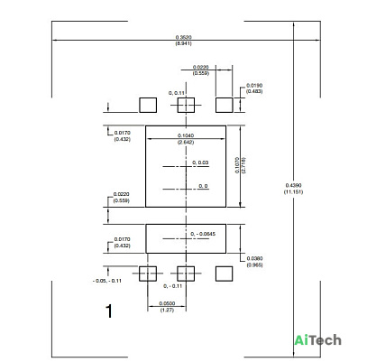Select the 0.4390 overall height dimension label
click(x=293, y=189)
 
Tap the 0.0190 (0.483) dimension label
click(x=254, y=88)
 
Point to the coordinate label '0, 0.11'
click(x=177, y=93)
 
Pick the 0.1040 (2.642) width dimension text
click(x=186, y=139)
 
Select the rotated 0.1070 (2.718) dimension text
click(x=240, y=165)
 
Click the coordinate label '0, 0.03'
click(x=200, y=162)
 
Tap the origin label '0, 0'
click(x=203, y=186)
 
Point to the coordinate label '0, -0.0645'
click(x=203, y=234)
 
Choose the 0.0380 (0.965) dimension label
click(x=254, y=262)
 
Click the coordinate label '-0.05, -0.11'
click(x=107, y=281)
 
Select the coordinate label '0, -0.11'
click(x=173, y=286)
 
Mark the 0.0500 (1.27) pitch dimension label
click(x=167, y=306)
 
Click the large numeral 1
click(x=109, y=311)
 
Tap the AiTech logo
click(x=318, y=340)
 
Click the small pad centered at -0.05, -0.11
click(x=148, y=274)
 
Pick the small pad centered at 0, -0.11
click(x=186, y=274)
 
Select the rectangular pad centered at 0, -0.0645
click(x=186, y=238)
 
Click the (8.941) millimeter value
click(x=184, y=43)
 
